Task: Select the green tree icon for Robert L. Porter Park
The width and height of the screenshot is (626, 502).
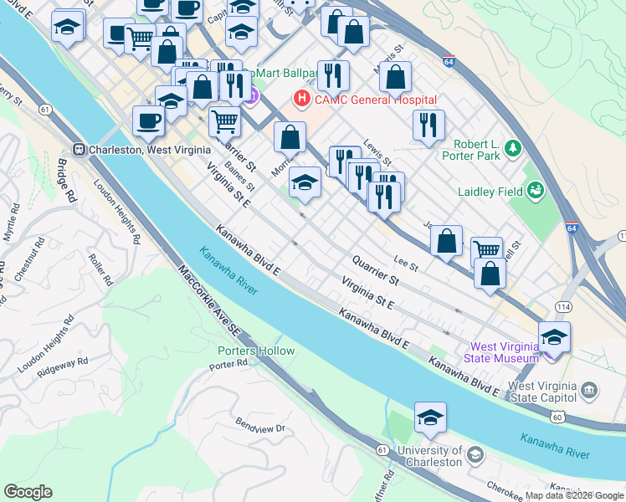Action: (x=513, y=150)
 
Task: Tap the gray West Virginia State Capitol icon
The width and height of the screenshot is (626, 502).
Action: (x=589, y=390)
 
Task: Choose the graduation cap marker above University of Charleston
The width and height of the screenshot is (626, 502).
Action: (x=430, y=417)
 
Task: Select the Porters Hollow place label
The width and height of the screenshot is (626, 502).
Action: (x=256, y=351)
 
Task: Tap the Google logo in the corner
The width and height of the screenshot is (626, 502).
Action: (x=28, y=492)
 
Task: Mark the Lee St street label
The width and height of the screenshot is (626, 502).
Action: (x=406, y=264)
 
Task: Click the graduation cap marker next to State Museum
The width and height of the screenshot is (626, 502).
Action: (x=554, y=337)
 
